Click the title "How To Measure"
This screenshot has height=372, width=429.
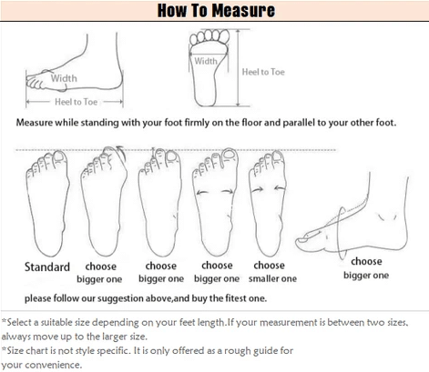coord(216,10)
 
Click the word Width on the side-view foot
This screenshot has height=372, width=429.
coord(64,78)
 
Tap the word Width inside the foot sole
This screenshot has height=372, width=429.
coord(206,61)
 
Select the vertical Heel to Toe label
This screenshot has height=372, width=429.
coord(263,72)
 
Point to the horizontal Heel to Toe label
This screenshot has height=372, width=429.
coord(76,102)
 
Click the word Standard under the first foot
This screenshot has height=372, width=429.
coord(47,266)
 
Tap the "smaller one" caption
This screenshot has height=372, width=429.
coord(272,278)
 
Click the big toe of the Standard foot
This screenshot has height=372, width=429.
coord(59,157)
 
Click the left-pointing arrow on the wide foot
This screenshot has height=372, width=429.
coord(201,192)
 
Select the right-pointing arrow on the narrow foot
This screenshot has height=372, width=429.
coord(258,189)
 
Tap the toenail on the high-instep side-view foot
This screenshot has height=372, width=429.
coord(302,240)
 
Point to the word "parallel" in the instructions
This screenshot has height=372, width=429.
coord(299,123)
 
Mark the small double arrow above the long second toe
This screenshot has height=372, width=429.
coord(153,151)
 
